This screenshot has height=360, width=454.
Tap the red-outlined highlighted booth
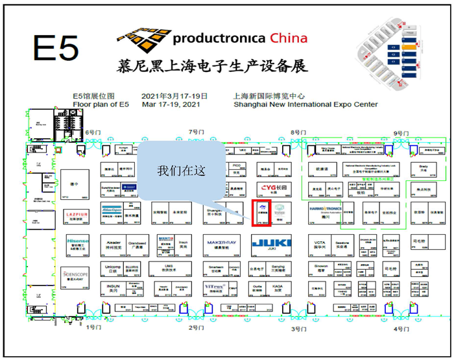pyautogui.click(x=261, y=213)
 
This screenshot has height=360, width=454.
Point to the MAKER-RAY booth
pyautogui.click(x=222, y=244)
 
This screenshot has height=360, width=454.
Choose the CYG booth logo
pyautogui.click(x=273, y=188)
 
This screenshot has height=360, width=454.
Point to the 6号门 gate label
pyautogui.click(x=94, y=132)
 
